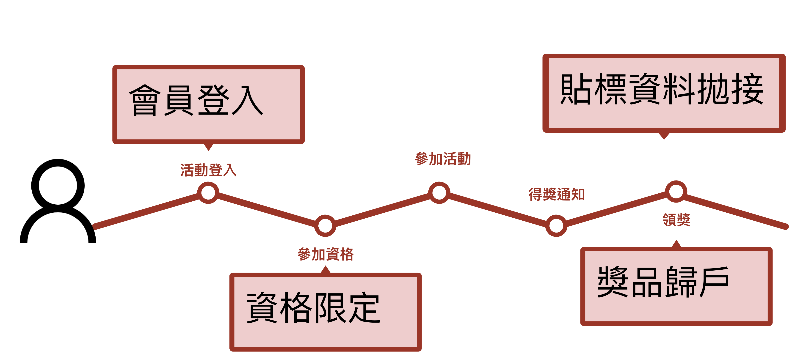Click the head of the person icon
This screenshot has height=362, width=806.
pyautogui.click(x=58, y=185)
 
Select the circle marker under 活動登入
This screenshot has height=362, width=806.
pyautogui.click(x=208, y=192)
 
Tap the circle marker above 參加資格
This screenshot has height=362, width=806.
pyautogui.click(x=325, y=225)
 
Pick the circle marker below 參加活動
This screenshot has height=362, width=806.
pyautogui.click(x=439, y=192)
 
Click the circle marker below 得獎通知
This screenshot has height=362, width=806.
pyautogui.click(x=556, y=225)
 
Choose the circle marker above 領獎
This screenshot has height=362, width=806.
pyautogui.click(x=676, y=191)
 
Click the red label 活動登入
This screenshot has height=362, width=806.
pyautogui.click(x=208, y=170)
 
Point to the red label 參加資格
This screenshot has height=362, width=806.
pyautogui.click(x=326, y=254)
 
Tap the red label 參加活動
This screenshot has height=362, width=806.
pyautogui.click(x=443, y=159)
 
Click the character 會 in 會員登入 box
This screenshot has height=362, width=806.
pyautogui.click(x=145, y=100)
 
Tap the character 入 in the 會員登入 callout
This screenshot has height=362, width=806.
pyautogui.click(x=247, y=100)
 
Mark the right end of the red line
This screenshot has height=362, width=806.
pyautogui.click(x=785, y=227)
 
